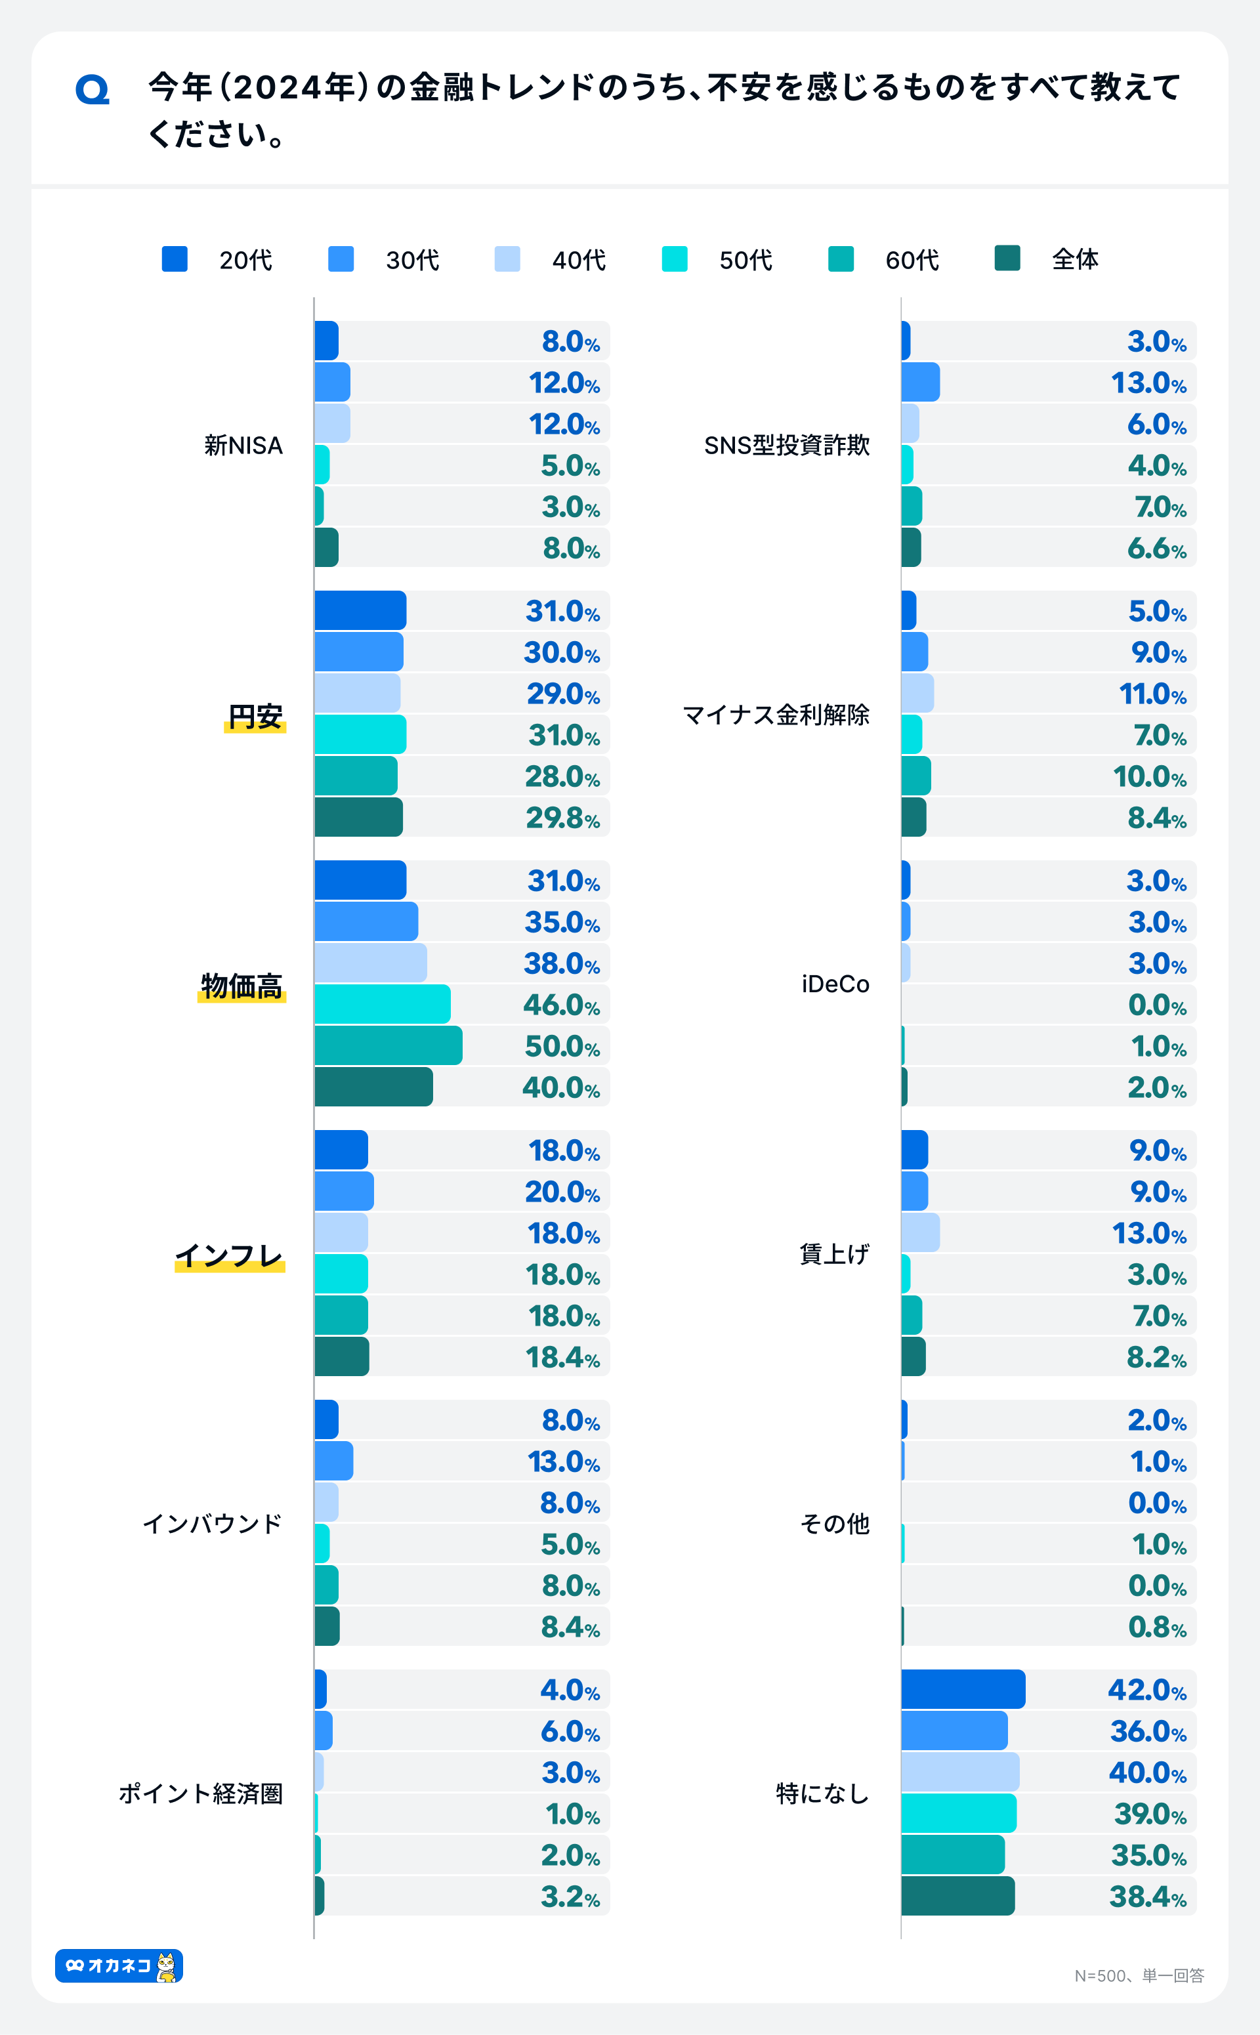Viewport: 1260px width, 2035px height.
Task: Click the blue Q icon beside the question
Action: [x=93, y=89]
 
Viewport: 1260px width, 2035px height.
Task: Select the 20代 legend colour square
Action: [x=174, y=259]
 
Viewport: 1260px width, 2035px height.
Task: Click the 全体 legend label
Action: [x=1075, y=259]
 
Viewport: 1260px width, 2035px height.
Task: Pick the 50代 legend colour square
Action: [x=674, y=259]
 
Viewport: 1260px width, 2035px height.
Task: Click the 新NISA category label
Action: [x=243, y=445]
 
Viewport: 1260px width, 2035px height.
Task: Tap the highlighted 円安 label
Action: [x=255, y=716]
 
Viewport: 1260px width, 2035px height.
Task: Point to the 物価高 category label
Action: [x=241, y=986]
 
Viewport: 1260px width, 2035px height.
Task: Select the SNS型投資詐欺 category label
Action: [x=787, y=445]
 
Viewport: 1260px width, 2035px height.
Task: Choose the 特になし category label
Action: [x=822, y=1794]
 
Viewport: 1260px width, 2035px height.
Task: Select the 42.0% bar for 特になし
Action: [x=963, y=1689]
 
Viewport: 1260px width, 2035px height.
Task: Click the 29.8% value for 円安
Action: [x=562, y=818]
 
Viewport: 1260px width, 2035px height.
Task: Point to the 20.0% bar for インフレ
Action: [x=344, y=1192]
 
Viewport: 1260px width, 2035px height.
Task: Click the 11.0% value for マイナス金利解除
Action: [x=1152, y=694]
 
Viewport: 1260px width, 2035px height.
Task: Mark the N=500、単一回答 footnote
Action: [x=1139, y=1975]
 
